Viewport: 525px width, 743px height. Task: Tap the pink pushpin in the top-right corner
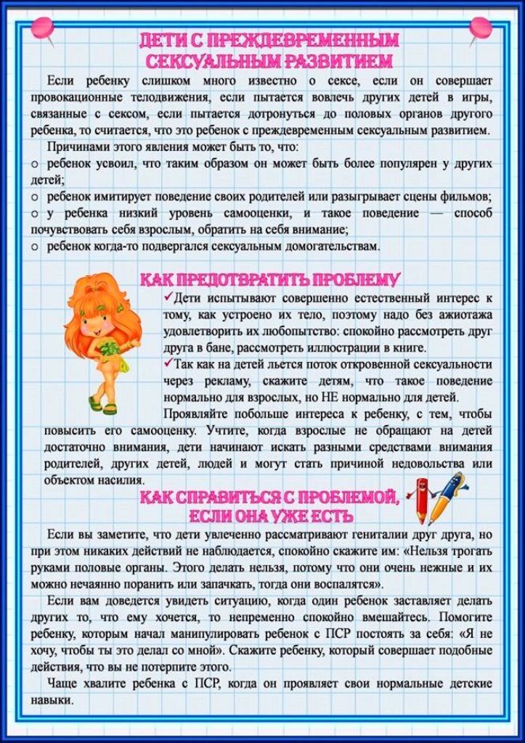(x=481, y=28)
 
